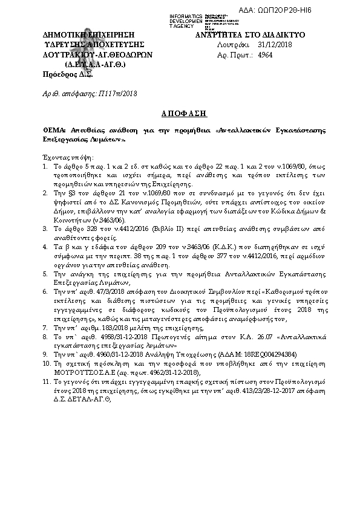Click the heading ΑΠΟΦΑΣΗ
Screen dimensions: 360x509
pyautogui.click(x=179, y=113)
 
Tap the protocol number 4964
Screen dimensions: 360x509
pyautogui.click(x=264, y=54)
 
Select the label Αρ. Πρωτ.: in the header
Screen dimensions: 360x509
pyautogui.click(x=232, y=54)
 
